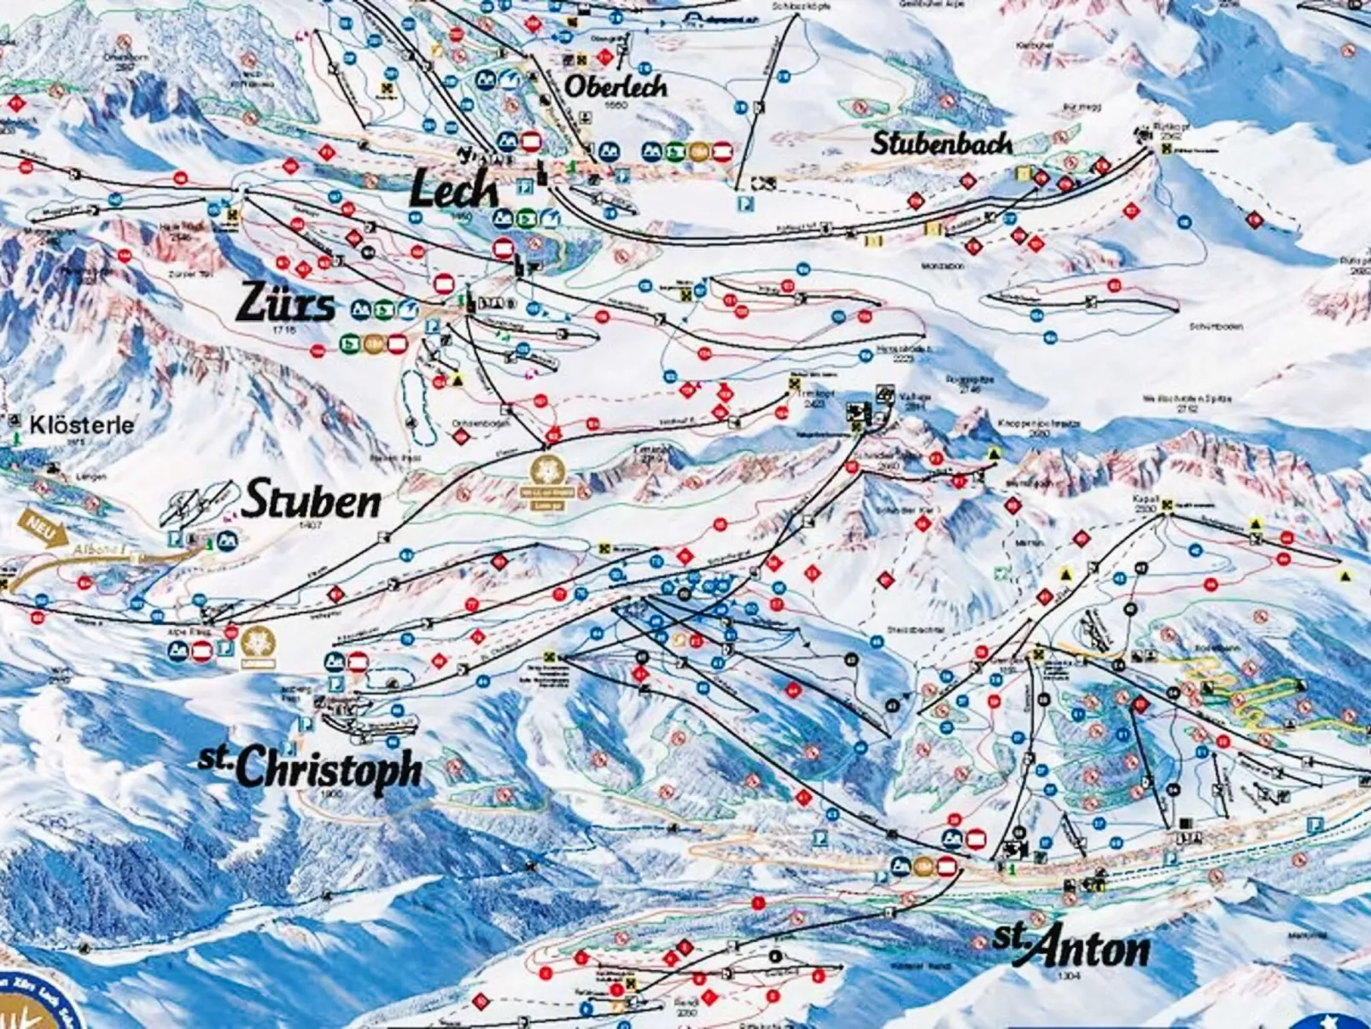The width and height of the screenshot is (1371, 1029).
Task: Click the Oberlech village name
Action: pos(615,85)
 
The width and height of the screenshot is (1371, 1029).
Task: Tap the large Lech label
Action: pos(452,189)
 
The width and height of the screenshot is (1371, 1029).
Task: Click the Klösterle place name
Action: pos(81,424)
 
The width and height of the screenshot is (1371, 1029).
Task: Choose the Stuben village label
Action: pos(312,500)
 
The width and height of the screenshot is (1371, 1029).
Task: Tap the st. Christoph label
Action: pos(312,767)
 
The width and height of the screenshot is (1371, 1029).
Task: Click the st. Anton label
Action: pos(1071,947)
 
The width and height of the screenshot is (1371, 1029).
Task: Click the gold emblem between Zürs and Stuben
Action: pos(546,483)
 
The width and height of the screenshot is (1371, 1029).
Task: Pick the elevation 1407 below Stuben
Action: pos(310,525)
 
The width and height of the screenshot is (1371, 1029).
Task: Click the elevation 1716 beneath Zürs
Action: pos(284,329)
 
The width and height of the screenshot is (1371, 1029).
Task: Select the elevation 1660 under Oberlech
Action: pos(614,105)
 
